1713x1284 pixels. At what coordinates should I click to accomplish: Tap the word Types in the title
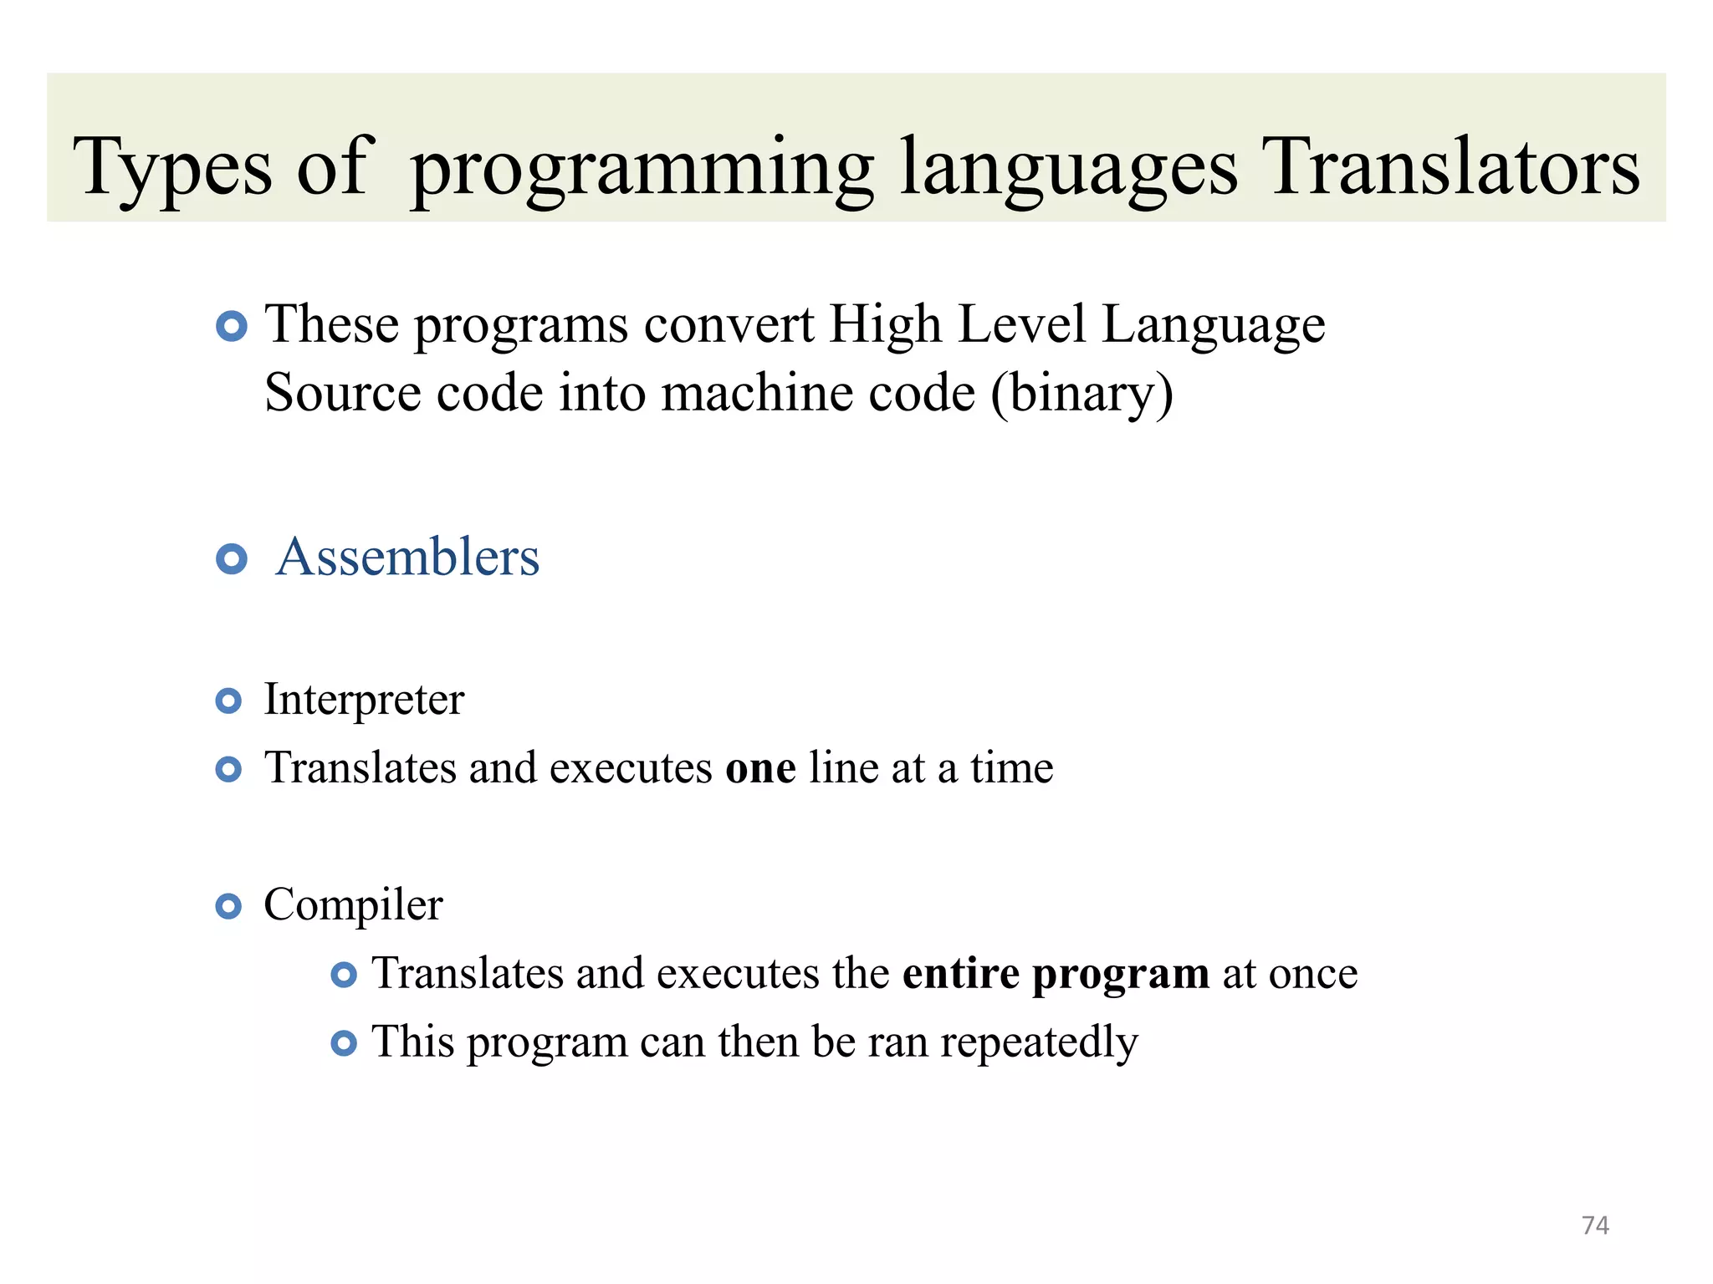tap(172, 167)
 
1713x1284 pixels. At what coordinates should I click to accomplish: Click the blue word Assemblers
tap(407, 557)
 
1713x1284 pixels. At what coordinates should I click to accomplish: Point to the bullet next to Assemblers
tap(231, 558)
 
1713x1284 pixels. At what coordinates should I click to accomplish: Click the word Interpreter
tap(364, 699)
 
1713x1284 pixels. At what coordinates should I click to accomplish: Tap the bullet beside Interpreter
tap(228, 701)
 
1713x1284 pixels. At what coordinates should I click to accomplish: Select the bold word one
tap(760, 767)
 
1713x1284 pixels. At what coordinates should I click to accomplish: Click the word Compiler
tap(353, 904)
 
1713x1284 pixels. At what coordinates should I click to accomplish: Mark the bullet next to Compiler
tap(228, 906)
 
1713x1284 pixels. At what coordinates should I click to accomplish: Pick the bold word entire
tap(961, 973)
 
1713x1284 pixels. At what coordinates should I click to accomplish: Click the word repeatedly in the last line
tap(1039, 1042)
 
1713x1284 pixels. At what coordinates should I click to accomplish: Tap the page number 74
tap(1595, 1225)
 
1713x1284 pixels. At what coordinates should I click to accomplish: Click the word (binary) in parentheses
tap(1082, 393)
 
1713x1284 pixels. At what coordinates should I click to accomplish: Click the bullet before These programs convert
tap(231, 326)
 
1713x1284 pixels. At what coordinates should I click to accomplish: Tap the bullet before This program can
tap(344, 1043)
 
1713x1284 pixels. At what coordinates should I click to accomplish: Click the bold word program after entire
tap(1120, 975)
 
